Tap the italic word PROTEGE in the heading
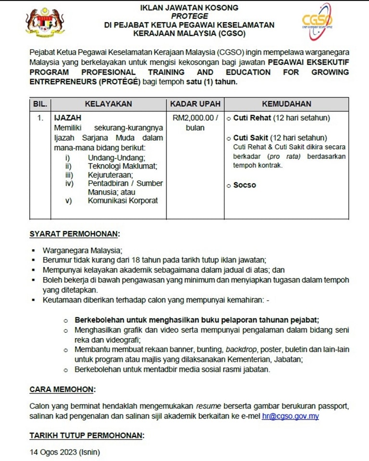pyautogui.click(x=189, y=16)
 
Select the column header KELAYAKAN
pyautogui.click(x=109, y=104)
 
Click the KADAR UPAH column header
pyautogui.click(x=196, y=104)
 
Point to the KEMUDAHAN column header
pyautogui.click(x=286, y=104)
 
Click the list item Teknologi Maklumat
pyautogui.click(x=123, y=166)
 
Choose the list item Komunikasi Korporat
pyautogui.click(x=123, y=201)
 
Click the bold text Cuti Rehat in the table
pyautogui.click(x=252, y=118)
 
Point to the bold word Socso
pyautogui.click(x=245, y=185)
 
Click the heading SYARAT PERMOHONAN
pyautogui.click(x=74, y=234)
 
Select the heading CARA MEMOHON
pyautogui.click(x=62, y=388)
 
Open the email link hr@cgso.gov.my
pyautogui.click(x=290, y=416)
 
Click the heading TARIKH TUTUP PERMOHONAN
pyautogui.click(x=86, y=435)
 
